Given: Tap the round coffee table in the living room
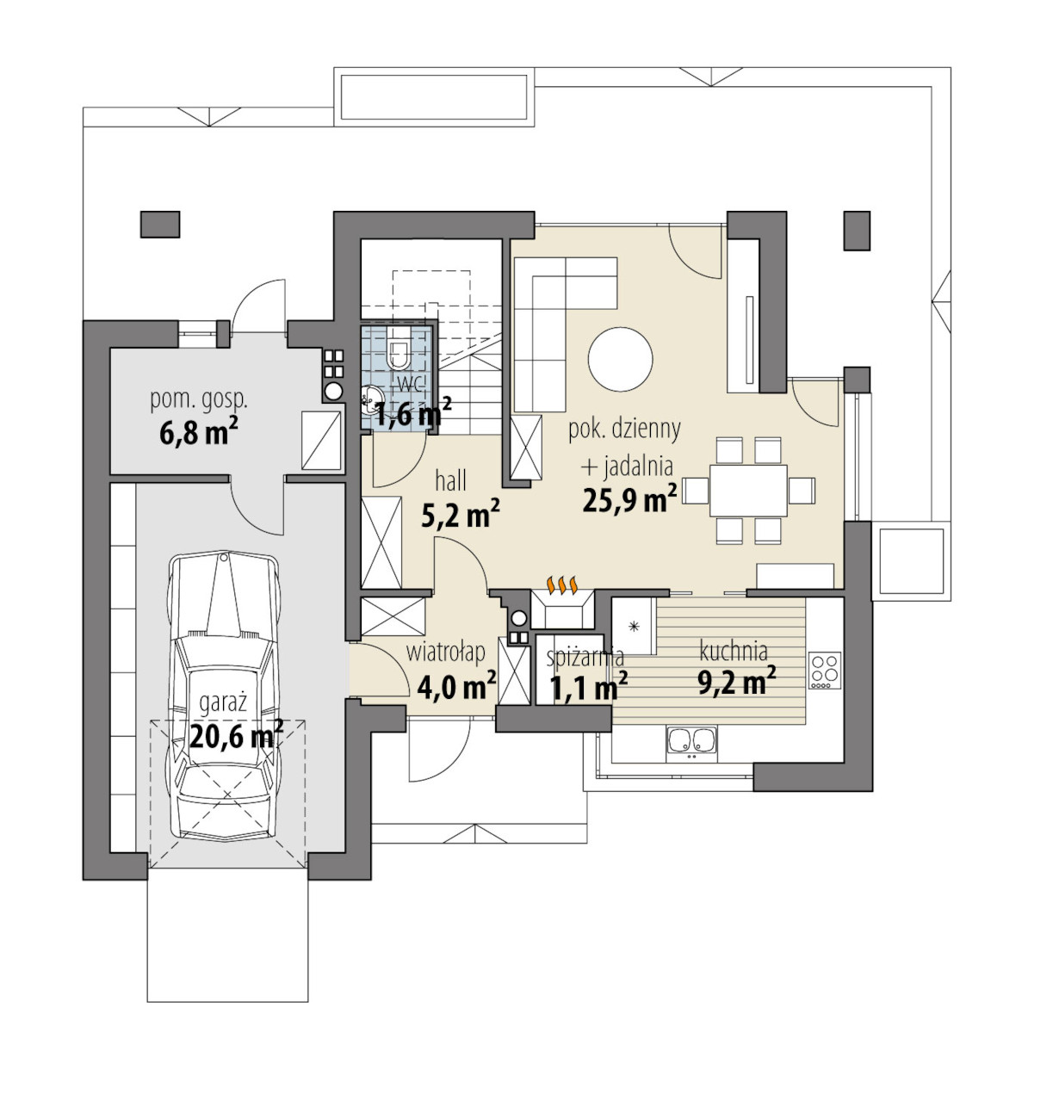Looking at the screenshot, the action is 620,359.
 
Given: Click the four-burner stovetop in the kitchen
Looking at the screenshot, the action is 825,671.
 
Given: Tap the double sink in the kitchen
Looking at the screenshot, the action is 691,744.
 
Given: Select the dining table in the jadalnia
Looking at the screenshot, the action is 747,491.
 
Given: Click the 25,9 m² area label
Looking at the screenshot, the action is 629,498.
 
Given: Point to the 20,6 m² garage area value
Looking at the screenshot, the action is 236,735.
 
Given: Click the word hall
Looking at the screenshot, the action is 450,480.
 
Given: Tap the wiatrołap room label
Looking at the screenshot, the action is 446,652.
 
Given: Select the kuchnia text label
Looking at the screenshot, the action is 734,651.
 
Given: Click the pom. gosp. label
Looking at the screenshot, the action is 199,401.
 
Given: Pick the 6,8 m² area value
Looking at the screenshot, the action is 199,433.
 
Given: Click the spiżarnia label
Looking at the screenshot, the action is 585,658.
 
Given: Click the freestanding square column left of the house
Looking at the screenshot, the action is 160,225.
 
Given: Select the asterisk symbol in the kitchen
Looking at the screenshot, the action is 634,627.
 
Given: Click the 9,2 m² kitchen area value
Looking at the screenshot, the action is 737,682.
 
